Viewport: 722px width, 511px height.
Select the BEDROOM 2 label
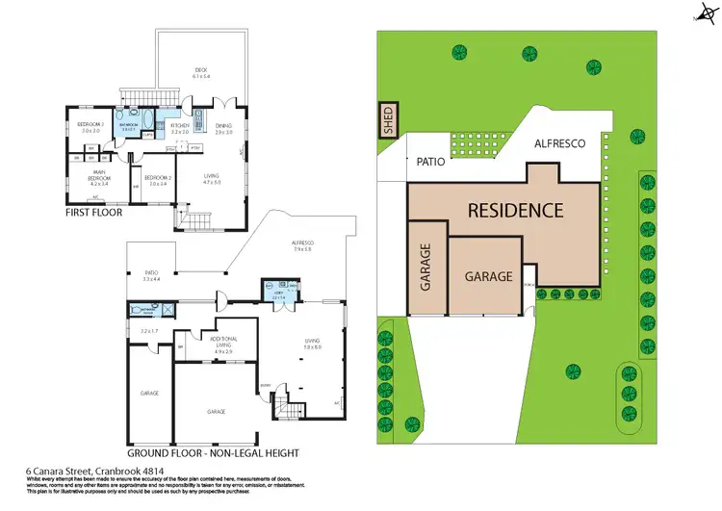pyautogui.click(x=157, y=178)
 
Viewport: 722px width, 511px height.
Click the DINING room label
pyautogui.click(x=223, y=124)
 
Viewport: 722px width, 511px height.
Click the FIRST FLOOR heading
pyautogui.click(x=94, y=212)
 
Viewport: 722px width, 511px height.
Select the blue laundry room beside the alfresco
pyautogui.click(x=279, y=290)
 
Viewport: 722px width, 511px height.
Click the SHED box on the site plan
pyautogui.click(x=389, y=123)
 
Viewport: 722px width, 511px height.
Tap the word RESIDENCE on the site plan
pyautogui.click(x=515, y=210)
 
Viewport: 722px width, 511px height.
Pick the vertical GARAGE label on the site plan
pyautogui.click(x=425, y=268)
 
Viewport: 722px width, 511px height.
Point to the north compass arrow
pyautogui.click(x=705, y=14)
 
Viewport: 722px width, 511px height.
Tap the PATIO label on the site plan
pyautogui.click(x=429, y=162)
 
